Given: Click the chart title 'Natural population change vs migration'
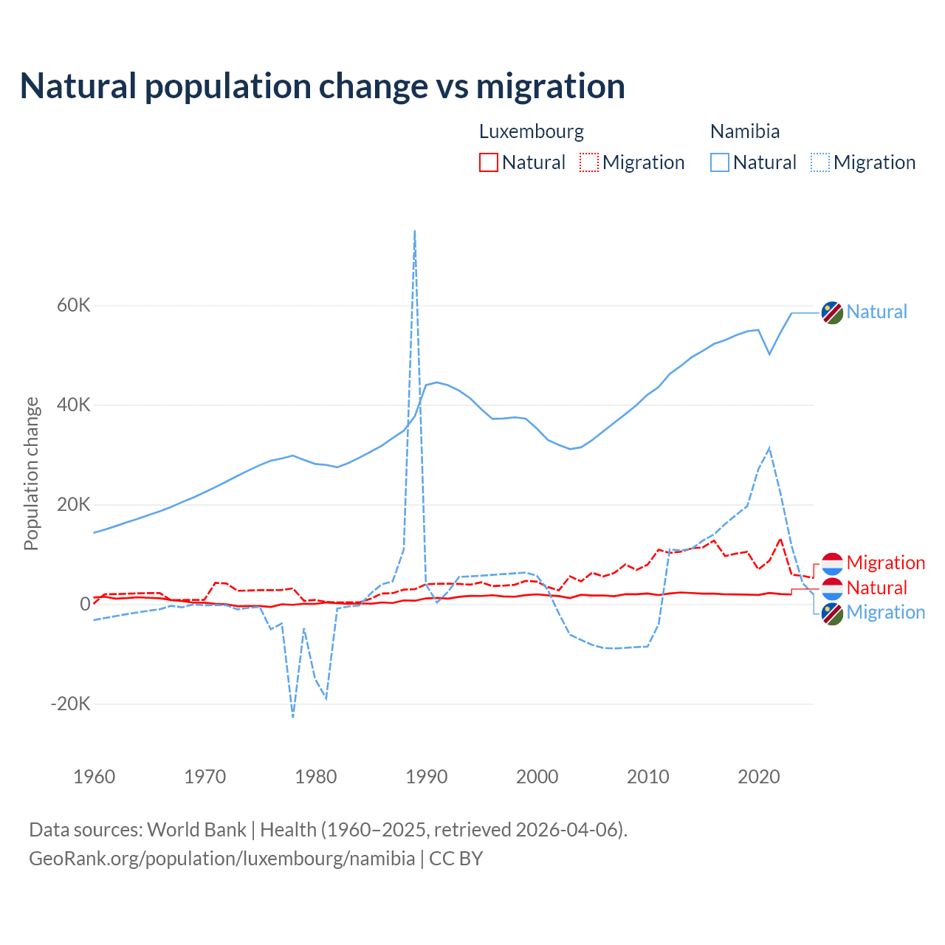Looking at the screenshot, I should [323, 86].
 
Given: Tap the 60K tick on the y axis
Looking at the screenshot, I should [73, 306].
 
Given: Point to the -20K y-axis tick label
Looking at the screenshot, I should [70, 704].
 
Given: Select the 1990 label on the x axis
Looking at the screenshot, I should [427, 777].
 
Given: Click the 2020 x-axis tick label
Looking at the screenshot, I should [759, 777].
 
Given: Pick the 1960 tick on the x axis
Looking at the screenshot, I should [94, 777].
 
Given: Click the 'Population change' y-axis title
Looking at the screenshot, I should [31, 473].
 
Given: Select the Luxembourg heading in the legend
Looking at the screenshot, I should [532, 131].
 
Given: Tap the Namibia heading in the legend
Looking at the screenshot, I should [745, 131].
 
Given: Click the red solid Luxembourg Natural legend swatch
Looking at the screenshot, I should [489, 162].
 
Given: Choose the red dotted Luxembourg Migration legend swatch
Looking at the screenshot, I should [589, 162].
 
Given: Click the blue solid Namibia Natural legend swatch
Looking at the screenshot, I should [720, 162].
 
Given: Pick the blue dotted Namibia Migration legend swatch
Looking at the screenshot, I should [820, 162].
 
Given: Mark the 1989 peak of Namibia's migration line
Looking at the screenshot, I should [415, 231].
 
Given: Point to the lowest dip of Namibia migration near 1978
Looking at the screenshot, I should [293, 716].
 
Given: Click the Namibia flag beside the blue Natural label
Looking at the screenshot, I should [832, 312].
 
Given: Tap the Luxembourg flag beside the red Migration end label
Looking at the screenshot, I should [832, 563].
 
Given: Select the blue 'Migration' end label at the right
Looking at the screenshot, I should [885, 612].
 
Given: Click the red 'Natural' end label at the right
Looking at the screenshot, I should [876, 588].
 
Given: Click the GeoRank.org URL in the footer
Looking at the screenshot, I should [222, 859].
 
